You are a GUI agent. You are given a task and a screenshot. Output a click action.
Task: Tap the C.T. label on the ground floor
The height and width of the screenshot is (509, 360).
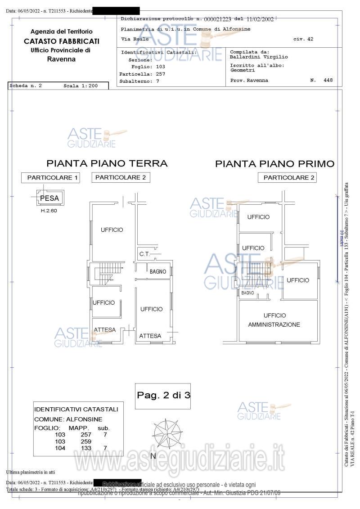[x=144, y=254]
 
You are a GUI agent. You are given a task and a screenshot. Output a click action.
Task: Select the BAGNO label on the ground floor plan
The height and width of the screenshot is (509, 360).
[x=158, y=272]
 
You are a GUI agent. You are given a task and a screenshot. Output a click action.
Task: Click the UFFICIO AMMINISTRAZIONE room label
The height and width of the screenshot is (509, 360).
[x=274, y=320]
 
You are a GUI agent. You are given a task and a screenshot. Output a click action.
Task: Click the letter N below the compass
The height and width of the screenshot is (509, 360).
[x=153, y=456]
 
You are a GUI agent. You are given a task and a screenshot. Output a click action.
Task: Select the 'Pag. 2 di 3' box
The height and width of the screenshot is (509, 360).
[x=163, y=396]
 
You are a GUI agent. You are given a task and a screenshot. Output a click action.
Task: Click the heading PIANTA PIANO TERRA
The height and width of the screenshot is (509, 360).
[x=107, y=163]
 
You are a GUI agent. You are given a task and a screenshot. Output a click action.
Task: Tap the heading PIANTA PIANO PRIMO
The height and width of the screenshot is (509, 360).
[x=274, y=164]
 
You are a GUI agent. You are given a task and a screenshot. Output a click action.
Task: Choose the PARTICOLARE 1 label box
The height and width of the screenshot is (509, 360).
[x=53, y=178]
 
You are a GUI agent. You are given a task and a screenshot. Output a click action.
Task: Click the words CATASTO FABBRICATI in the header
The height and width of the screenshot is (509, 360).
[x=62, y=41]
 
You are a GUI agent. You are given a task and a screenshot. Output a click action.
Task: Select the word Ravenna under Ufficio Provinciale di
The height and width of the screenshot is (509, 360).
[x=61, y=59]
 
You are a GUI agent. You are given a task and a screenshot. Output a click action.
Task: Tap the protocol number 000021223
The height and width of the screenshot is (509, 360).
[x=217, y=19]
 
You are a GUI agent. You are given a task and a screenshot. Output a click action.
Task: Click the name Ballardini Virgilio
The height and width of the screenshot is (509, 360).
[x=259, y=57]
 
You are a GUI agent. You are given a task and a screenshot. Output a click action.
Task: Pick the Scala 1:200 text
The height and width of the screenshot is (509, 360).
[x=80, y=86]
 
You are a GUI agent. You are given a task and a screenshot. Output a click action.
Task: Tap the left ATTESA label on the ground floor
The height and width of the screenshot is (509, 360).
[x=104, y=330]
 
